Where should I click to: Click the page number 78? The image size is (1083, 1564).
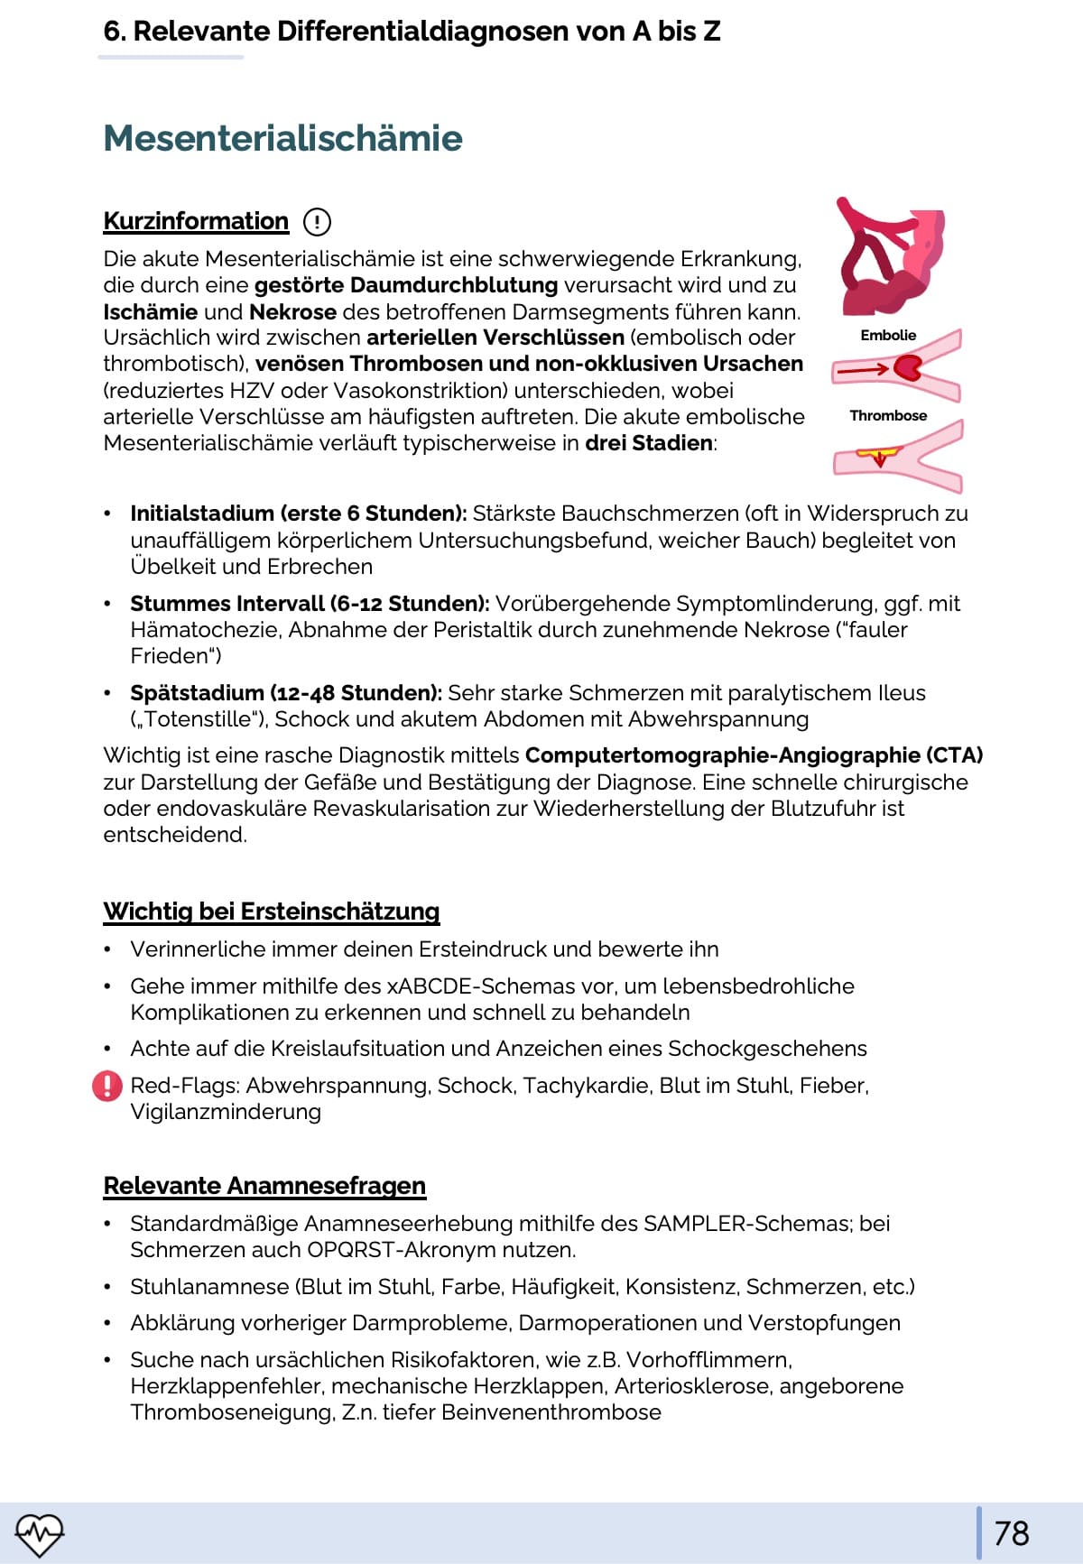tap(1011, 1533)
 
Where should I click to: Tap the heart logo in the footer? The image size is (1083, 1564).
tap(40, 1533)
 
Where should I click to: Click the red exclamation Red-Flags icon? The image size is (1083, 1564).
tap(107, 1086)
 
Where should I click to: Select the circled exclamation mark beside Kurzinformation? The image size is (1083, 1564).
tap(317, 221)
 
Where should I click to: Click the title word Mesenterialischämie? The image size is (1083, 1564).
tap(282, 138)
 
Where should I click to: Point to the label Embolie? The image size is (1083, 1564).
tap(888, 336)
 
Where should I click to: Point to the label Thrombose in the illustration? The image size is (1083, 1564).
tap(888, 416)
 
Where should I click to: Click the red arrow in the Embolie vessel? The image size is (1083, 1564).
tap(863, 369)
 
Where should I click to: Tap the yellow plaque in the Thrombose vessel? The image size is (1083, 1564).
tap(877, 452)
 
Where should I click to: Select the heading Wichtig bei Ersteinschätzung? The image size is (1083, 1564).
tap(272, 912)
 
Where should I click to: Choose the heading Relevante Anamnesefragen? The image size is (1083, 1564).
tap(264, 1186)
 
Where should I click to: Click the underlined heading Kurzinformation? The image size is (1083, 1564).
tap(196, 221)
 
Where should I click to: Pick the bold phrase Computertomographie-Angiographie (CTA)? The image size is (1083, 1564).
tap(754, 755)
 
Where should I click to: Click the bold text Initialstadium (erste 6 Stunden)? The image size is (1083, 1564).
tap(298, 514)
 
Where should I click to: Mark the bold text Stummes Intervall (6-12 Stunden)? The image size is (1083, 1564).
tap(310, 604)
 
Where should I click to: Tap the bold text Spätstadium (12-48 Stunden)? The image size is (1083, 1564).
tap(285, 693)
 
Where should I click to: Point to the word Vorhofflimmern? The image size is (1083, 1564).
tap(708, 1360)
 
